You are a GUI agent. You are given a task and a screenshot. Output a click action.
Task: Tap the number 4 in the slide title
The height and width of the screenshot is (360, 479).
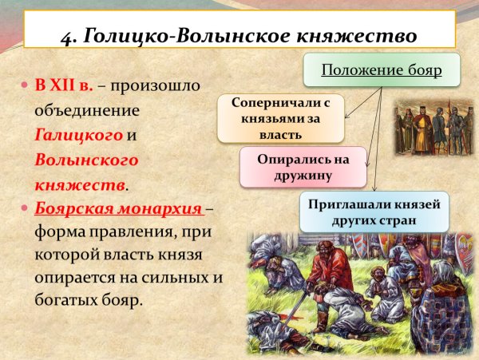67,37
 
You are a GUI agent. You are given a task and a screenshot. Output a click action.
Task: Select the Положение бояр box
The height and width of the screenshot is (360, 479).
381,70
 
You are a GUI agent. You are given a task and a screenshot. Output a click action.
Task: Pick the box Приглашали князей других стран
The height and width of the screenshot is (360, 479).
374,212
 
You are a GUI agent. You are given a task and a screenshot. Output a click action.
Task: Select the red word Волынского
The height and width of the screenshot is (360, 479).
86,160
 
